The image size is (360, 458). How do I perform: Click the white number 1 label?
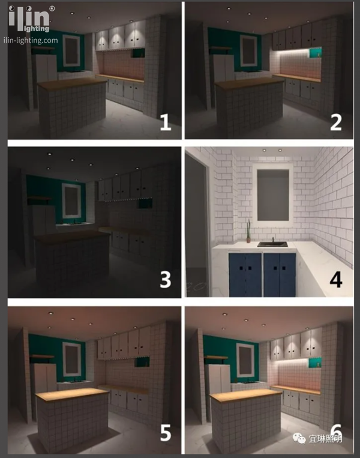pyautogui.click(x=166, y=122)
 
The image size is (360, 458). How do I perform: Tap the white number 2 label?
pyautogui.click(x=336, y=122)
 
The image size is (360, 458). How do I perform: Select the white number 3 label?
pyautogui.click(x=165, y=279)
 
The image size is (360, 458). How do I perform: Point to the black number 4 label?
pyautogui.click(x=336, y=279)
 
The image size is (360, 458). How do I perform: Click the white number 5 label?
pyautogui.click(x=166, y=433)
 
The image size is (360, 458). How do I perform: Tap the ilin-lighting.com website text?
pyautogui.click(x=31, y=40)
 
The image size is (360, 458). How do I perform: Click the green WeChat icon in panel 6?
pyautogui.click(x=299, y=438)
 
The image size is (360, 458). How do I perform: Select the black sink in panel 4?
pyautogui.click(x=272, y=244)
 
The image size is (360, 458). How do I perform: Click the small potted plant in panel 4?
pyautogui.click(x=248, y=232)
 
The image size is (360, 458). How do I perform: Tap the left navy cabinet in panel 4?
pyautogui.click(x=245, y=274)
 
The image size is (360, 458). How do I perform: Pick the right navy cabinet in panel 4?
pyautogui.click(x=280, y=274)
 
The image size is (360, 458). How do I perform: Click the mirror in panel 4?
pyautogui.click(x=273, y=195)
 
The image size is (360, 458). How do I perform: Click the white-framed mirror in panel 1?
pyautogui.click(x=71, y=51)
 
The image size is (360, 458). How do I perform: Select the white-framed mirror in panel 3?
pyautogui.click(x=71, y=200)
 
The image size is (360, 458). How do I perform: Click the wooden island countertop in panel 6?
pyautogui.click(x=246, y=395)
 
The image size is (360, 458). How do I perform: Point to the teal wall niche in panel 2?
pyautogui.click(x=315, y=53)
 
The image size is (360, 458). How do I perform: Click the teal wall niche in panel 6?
pyautogui.click(x=315, y=363)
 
